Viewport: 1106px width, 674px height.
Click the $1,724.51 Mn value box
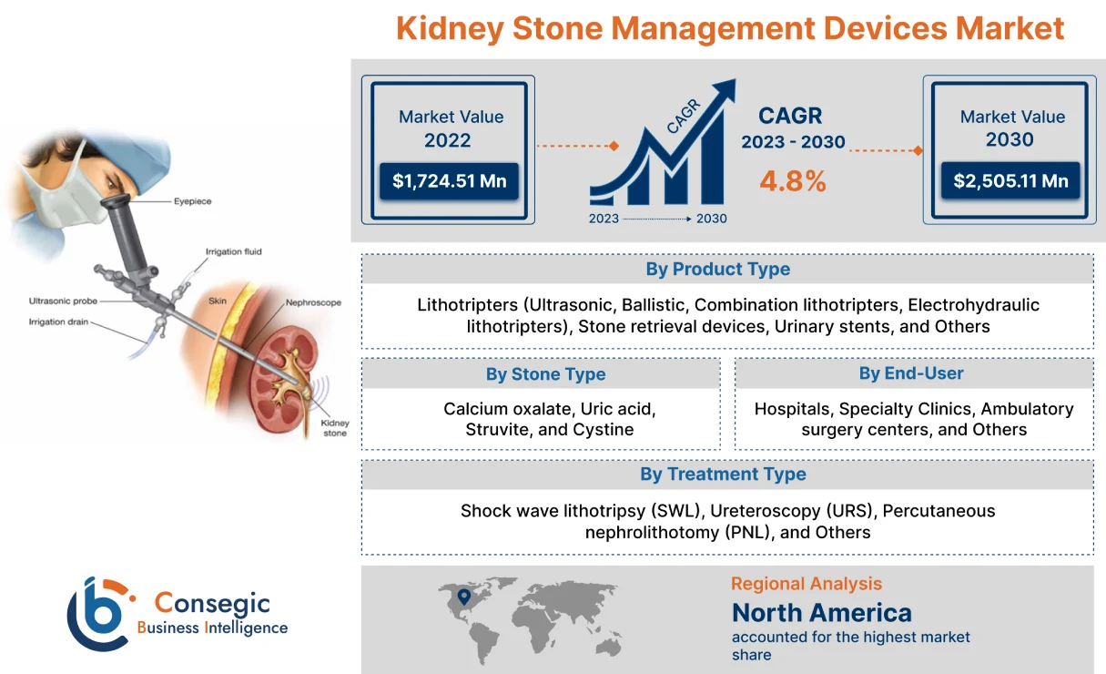[x=449, y=181]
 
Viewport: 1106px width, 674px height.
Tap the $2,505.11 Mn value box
[x=1010, y=181]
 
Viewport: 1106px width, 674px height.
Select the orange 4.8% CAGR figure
[x=793, y=180]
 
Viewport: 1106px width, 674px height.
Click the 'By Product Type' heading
[x=717, y=269]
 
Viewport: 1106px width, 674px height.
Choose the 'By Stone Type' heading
[x=545, y=373]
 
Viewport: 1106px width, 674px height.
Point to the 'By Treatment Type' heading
[x=723, y=474]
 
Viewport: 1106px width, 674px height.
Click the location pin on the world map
[x=463, y=597]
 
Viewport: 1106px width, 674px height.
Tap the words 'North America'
[x=821, y=612]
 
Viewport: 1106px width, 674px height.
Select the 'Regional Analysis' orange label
[x=806, y=584]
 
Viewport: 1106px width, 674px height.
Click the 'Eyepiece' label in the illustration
[x=193, y=202]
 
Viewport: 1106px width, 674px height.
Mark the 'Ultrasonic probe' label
[x=63, y=301]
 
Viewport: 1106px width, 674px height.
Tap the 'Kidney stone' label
[x=335, y=428]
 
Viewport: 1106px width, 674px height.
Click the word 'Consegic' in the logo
[x=212, y=603]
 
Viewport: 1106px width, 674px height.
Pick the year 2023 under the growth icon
[x=604, y=219]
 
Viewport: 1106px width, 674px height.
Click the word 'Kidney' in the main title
[x=449, y=28]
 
